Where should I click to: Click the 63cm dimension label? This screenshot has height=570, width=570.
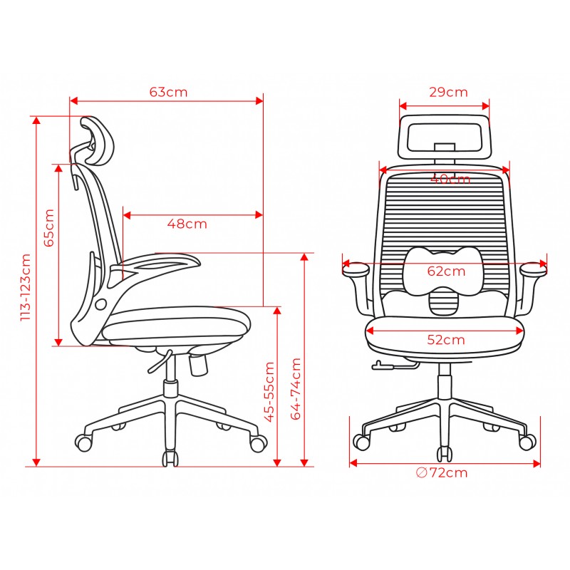(168, 92)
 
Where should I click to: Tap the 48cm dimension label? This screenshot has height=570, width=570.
(187, 224)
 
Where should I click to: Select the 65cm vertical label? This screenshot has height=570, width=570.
(49, 227)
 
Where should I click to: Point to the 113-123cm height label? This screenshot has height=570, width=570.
(26, 287)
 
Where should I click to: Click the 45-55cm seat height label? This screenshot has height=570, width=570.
(269, 392)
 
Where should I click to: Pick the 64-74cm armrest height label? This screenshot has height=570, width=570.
(296, 389)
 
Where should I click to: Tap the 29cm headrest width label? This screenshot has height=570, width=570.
(448, 92)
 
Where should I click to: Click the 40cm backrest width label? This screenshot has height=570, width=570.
(450, 179)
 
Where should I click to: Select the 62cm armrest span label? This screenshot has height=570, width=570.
(446, 271)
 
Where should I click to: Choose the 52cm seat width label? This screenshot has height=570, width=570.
(446, 340)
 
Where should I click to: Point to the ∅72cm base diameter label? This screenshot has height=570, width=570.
(441, 472)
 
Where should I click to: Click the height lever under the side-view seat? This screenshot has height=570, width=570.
(159, 362)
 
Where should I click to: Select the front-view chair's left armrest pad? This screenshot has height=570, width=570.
(356, 269)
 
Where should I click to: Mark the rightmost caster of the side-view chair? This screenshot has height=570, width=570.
(258, 443)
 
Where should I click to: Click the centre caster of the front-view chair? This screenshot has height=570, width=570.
(445, 455)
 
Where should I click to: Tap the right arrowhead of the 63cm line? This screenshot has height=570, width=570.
(259, 100)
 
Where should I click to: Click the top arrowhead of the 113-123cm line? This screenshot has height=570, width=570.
(36, 120)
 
